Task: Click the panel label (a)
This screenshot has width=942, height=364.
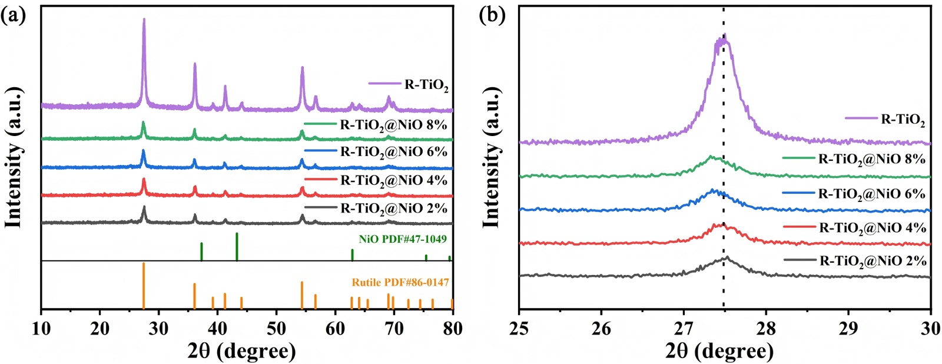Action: coord(13,15)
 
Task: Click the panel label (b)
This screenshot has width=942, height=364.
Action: coord(492,15)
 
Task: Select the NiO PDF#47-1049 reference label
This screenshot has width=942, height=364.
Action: coord(403,239)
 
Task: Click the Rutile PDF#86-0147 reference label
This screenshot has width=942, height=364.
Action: coord(400,283)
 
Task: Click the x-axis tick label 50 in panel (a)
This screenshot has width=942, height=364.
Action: coord(276,327)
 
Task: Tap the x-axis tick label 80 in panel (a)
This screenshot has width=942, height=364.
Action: coord(452,327)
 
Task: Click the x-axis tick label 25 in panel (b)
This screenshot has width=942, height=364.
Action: coord(519,327)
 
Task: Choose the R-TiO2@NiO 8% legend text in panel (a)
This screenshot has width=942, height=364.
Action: coord(394,125)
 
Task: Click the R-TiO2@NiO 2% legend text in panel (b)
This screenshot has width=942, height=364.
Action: coord(873,260)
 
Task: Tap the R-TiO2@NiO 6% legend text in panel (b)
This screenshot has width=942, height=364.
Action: coord(872,194)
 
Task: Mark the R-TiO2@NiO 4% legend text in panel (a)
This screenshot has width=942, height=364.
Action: coord(394,180)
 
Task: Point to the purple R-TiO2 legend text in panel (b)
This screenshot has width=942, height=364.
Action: coord(903,120)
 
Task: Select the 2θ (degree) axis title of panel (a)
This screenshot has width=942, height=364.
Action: coord(241,350)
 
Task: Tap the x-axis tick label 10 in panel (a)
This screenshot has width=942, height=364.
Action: coord(41,327)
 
